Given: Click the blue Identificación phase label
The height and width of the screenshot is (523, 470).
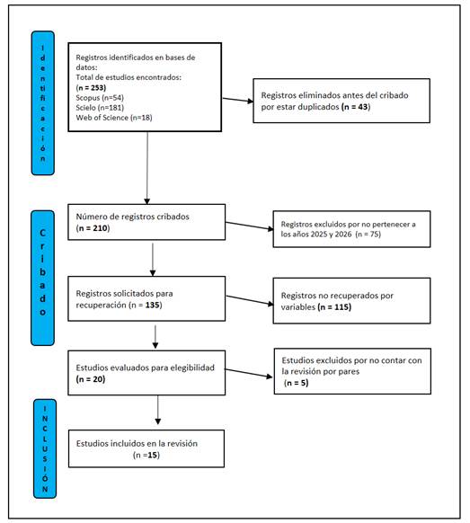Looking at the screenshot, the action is pos(43,103).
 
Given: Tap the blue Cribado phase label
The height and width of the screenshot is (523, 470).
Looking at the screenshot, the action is pos(43,278).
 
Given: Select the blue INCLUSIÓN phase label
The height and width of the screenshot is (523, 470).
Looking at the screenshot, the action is pos(45,448).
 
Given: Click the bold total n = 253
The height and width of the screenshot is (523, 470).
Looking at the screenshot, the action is pos(91,88).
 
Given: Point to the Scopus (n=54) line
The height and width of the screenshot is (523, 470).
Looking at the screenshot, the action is pos(100,98).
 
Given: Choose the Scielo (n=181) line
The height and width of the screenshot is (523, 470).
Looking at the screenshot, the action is pos(100,108).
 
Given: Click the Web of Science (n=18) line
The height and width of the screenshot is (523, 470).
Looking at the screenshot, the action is pos(114,118).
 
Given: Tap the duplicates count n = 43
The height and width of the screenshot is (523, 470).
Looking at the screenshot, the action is pos(356,107).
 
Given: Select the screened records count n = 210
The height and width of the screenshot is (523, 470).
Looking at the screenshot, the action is pos(93,228).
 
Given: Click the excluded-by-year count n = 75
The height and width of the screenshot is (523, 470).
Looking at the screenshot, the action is pos(368,235).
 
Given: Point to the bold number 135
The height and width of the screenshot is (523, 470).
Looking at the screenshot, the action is pos(152,306).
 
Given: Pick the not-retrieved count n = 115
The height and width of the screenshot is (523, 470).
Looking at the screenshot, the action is pos(334,306).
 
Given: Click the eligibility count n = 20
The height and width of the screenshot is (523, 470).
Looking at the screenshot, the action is pos(91,379).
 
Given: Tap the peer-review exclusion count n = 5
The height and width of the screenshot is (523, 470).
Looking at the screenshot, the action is pos(297,383).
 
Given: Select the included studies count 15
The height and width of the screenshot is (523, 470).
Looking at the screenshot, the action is pos(153,455).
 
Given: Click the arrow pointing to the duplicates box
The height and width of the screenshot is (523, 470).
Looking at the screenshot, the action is pos(238,100).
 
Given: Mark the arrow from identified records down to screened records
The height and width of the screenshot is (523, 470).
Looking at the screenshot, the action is pos(147,168).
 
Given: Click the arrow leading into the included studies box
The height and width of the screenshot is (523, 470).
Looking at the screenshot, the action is pos(158,410).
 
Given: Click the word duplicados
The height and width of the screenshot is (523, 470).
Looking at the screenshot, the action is pos(319,107).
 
